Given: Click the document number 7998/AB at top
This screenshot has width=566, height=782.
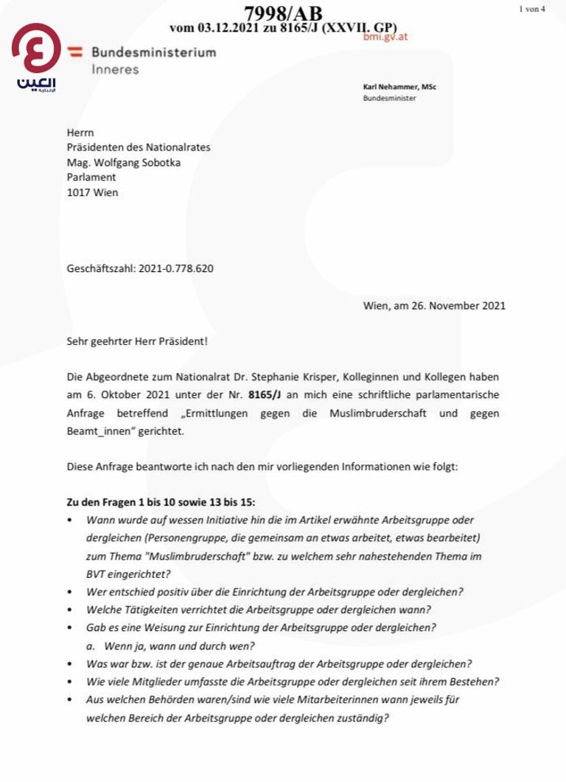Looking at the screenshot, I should pyautogui.click(x=282, y=13).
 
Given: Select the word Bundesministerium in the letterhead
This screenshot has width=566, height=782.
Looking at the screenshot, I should pyautogui.click(x=153, y=52).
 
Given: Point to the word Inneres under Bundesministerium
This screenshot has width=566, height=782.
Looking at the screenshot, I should pyautogui.click(x=115, y=69).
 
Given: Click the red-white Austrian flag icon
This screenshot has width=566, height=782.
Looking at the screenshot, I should pyautogui.click(x=74, y=52).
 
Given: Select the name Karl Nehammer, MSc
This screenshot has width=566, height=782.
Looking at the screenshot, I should pyautogui.click(x=399, y=87).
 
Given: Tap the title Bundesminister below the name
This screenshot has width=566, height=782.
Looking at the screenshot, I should pyautogui.click(x=389, y=98).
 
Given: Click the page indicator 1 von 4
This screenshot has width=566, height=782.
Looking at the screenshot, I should pyautogui.click(x=532, y=9).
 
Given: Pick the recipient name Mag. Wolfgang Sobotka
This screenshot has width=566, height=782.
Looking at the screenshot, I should pyautogui.click(x=122, y=162).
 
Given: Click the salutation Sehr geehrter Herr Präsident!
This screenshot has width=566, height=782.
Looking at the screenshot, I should pyautogui.click(x=137, y=342).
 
